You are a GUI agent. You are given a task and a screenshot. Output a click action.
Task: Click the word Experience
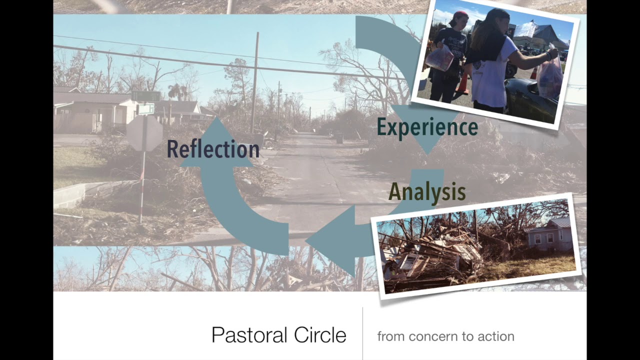427,127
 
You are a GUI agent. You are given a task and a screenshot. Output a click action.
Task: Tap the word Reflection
213,149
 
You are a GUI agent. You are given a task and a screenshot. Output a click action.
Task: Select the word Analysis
427,192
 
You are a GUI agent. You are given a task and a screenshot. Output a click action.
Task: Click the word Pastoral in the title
249,335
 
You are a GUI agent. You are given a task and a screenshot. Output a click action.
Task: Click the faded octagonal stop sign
144,133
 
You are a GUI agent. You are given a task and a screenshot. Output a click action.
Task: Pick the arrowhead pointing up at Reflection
215,142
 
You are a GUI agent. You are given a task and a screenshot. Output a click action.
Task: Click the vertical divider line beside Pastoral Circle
362,332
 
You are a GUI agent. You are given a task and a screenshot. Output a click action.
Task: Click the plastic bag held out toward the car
550,75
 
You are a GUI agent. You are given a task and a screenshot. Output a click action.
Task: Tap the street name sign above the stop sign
145,96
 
